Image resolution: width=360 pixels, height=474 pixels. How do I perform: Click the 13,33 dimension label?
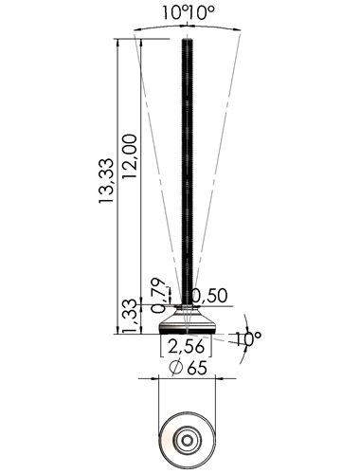click(x=106, y=180)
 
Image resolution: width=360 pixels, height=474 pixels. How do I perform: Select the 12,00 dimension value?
click(x=130, y=156)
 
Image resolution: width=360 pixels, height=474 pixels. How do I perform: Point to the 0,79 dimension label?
click(x=158, y=296)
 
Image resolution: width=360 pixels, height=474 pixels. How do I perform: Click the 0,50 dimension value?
click(x=210, y=296)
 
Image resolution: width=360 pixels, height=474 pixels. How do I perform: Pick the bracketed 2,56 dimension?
click(x=186, y=346)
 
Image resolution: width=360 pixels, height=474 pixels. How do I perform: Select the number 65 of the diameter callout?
click(x=197, y=368)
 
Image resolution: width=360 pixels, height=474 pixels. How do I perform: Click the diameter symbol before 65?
click(x=176, y=368)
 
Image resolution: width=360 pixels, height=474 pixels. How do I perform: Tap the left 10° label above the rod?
click(x=174, y=13)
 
